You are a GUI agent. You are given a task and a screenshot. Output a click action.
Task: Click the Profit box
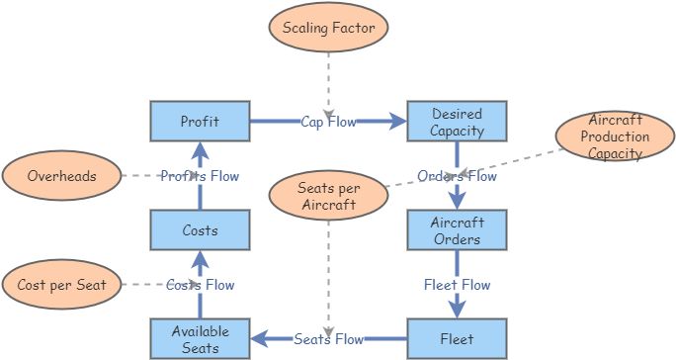click(x=199, y=122)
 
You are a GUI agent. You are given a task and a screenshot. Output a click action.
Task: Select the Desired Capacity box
click(x=457, y=122)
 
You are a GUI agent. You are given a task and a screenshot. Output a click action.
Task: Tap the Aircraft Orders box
click(x=457, y=230)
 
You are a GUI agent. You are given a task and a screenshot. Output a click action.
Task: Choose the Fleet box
click(x=457, y=339)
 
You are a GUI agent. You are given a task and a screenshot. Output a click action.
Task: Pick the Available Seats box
click(x=199, y=339)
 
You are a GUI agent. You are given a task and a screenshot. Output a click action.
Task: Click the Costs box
click(x=199, y=230)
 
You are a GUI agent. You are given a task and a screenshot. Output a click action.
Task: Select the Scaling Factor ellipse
click(x=328, y=29)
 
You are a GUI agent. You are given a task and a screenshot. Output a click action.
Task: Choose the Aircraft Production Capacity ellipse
click(x=615, y=137)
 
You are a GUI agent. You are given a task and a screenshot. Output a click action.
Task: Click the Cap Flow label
click(x=328, y=122)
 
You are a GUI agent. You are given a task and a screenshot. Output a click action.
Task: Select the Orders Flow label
click(x=457, y=176)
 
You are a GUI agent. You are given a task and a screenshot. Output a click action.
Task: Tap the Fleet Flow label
click(x=457, y=285)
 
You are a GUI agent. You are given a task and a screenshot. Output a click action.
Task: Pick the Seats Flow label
click(x=328, y=339)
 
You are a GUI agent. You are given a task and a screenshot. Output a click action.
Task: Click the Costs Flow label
click(x=200, y=285)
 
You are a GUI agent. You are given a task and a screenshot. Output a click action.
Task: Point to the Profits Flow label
click(x=200, y=176)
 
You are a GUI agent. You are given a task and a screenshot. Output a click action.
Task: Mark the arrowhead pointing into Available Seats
click(x=257, y=339)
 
